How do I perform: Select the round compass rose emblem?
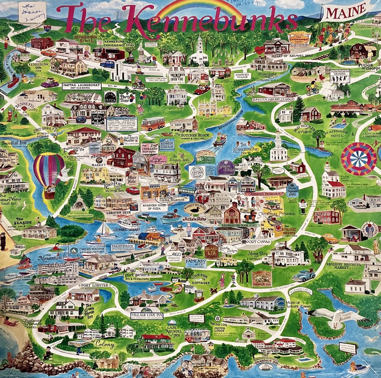pyautogui.click(x=353, y=158)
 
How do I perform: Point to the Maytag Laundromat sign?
pyautogui.click(x=82, y=86)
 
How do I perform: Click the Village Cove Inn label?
pyautogui.click(x=147, y=316)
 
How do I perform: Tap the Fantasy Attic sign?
pyautogui.click(x=196, y=263)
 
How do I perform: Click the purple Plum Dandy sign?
pyautogui.click(x=226, y=167)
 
